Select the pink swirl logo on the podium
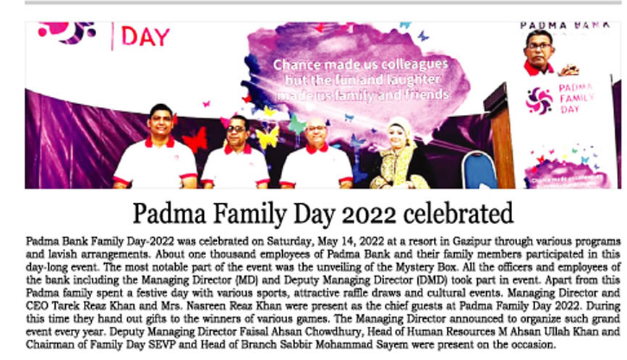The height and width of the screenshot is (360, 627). point(538,100)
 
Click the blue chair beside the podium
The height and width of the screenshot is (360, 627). point(479,171)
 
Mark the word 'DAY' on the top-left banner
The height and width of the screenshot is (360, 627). point(145,36)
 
